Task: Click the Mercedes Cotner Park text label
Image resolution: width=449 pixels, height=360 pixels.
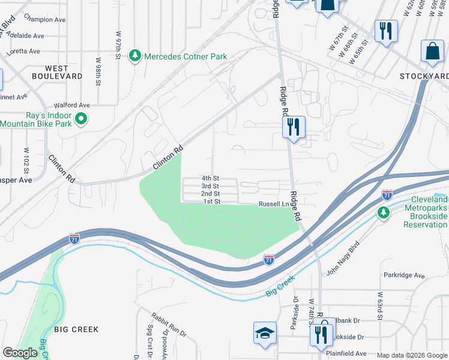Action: coord(185,56)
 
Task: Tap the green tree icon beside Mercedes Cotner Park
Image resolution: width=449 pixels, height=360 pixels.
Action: coord(136,56)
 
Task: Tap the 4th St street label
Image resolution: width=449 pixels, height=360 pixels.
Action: coord(211,178)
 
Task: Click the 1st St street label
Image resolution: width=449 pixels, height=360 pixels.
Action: coord(212,202)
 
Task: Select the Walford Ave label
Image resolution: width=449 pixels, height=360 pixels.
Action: coord(71,105)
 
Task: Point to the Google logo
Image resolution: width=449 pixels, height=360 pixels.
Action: coord(20,353)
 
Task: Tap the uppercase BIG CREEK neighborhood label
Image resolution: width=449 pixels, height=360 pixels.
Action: coord(76,329)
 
